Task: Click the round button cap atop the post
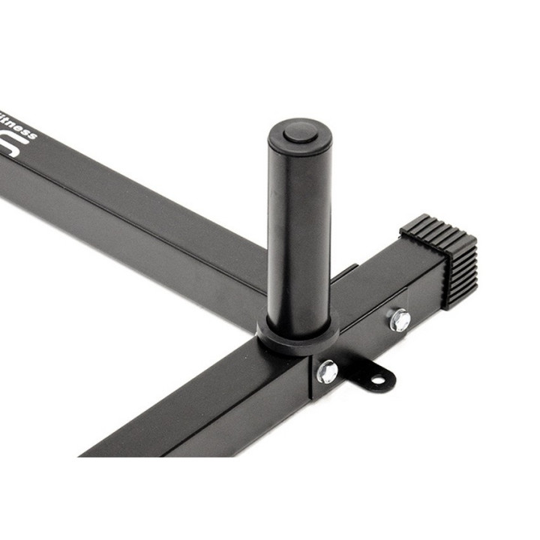click(x=300, y=133)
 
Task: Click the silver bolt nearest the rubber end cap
click(x=400, y=319)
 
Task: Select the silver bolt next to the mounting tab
click(x=327, y=370)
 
